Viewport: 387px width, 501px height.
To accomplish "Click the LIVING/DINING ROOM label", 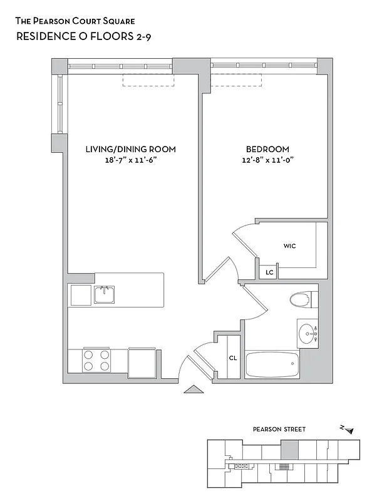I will (130, 149).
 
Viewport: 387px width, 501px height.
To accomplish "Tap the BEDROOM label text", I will (267, 149).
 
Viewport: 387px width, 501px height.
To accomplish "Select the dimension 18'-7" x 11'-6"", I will (130, 160).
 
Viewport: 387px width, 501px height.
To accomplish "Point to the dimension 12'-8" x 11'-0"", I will (267, 160).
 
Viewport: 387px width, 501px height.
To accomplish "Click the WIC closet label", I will (289, 246).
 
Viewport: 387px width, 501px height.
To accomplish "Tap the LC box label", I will (269, 272).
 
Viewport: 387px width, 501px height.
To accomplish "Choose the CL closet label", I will (232, 358).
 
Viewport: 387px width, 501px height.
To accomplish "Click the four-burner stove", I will (96, 361).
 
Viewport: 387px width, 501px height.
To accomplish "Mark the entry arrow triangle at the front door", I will (194, 390).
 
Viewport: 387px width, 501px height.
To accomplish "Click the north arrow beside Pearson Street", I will (348, 430).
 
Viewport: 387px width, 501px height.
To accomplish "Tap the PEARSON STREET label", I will (279, 430).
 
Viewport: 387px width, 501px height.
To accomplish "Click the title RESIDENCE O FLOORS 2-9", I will (83, 36).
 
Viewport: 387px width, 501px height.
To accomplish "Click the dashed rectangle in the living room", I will (148, 80).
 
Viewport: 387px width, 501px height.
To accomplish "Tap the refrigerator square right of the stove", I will (142, 361).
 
